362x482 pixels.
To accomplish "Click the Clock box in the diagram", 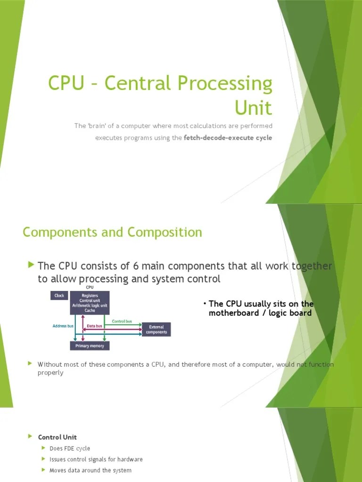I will tap(59, 296).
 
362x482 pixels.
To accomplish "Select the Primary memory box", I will tap(90, 346).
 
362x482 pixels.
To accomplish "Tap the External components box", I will tap(156, 329).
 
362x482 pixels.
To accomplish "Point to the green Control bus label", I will tap(122, 321).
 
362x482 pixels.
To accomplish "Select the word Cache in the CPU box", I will tap(90, 311).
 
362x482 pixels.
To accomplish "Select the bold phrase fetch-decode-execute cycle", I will tap(228, 138).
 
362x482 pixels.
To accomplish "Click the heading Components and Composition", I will tap(112, 232).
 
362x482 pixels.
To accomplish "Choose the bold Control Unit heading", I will tap(57, 437).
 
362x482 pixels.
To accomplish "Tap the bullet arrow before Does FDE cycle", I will tap(44, 448).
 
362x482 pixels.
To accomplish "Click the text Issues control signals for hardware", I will tap(96, 459).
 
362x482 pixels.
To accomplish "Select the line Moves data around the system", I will tap(90, 470).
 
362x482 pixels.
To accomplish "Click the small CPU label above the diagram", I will tap(90, 287).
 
